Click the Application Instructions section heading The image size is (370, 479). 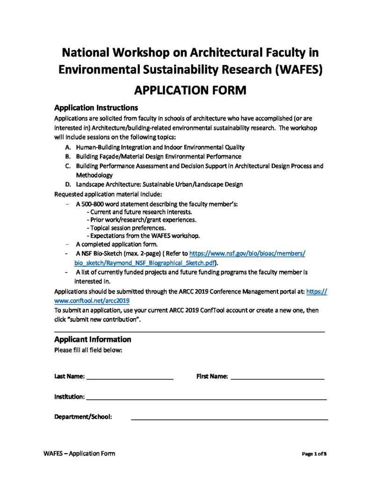point(96,108)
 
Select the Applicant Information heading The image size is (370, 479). point(93,339)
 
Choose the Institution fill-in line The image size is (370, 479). point(206,398)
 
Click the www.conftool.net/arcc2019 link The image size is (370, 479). point(92,301)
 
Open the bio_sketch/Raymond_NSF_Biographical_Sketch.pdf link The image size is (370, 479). point(147,263)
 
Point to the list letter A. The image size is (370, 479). point(68,147)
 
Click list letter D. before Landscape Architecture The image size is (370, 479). point(68,184)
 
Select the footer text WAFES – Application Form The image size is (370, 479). point(79,453)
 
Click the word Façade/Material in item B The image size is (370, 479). point(116,157)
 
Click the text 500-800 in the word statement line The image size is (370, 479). point(93,204)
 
